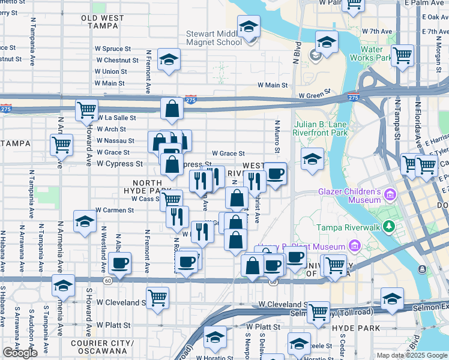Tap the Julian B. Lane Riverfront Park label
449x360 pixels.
[321, 129]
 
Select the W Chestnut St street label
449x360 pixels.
[117, 60]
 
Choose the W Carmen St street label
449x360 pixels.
[114, 211]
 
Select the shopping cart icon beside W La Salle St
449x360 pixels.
[87, 110]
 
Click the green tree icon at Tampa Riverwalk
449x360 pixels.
[389, 226]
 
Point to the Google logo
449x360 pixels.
[20, 353]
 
